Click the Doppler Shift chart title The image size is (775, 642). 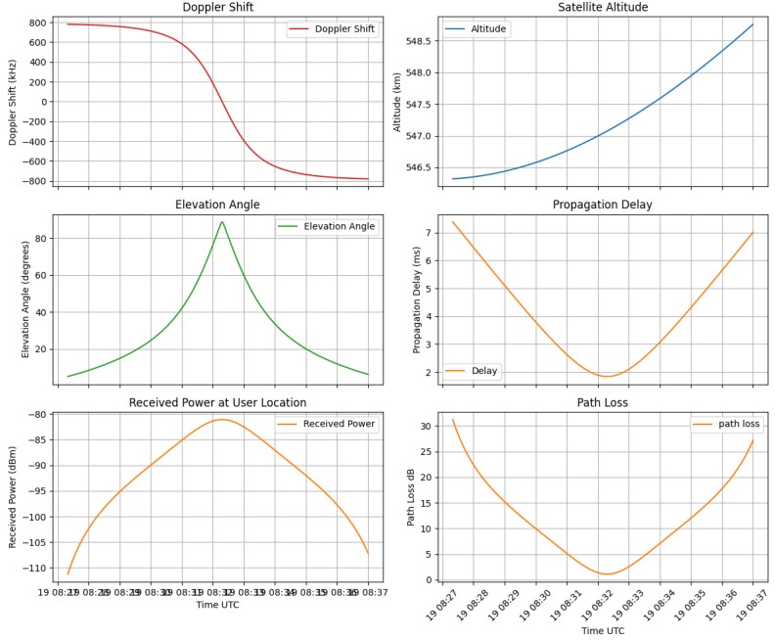pyautogui.click(x=217, y=8)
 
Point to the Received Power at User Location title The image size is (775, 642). pyautogui.click(x=217, y=402)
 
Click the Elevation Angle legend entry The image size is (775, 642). pyautogui.click(x=339, y=227)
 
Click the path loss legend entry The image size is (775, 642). pyautogui.click(x=738, y=424)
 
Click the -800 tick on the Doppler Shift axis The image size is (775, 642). pyautogui.click(x=35, y=181)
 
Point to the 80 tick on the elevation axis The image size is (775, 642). pyautogui.click(x=42, y=238)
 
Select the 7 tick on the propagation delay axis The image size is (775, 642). pyautogui.click(x=428, y=233)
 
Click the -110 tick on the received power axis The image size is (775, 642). pyautogui.click(x=35, y=568)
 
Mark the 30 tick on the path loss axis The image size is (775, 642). pyautogui.click(x=425, y=427)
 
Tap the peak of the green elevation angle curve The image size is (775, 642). pyautogui.click(x=222, y=221)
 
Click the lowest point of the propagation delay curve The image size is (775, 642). pyautogui.click(x=607, y=377)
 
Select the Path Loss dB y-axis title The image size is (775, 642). pyautogui.click(x=412, y=496)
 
